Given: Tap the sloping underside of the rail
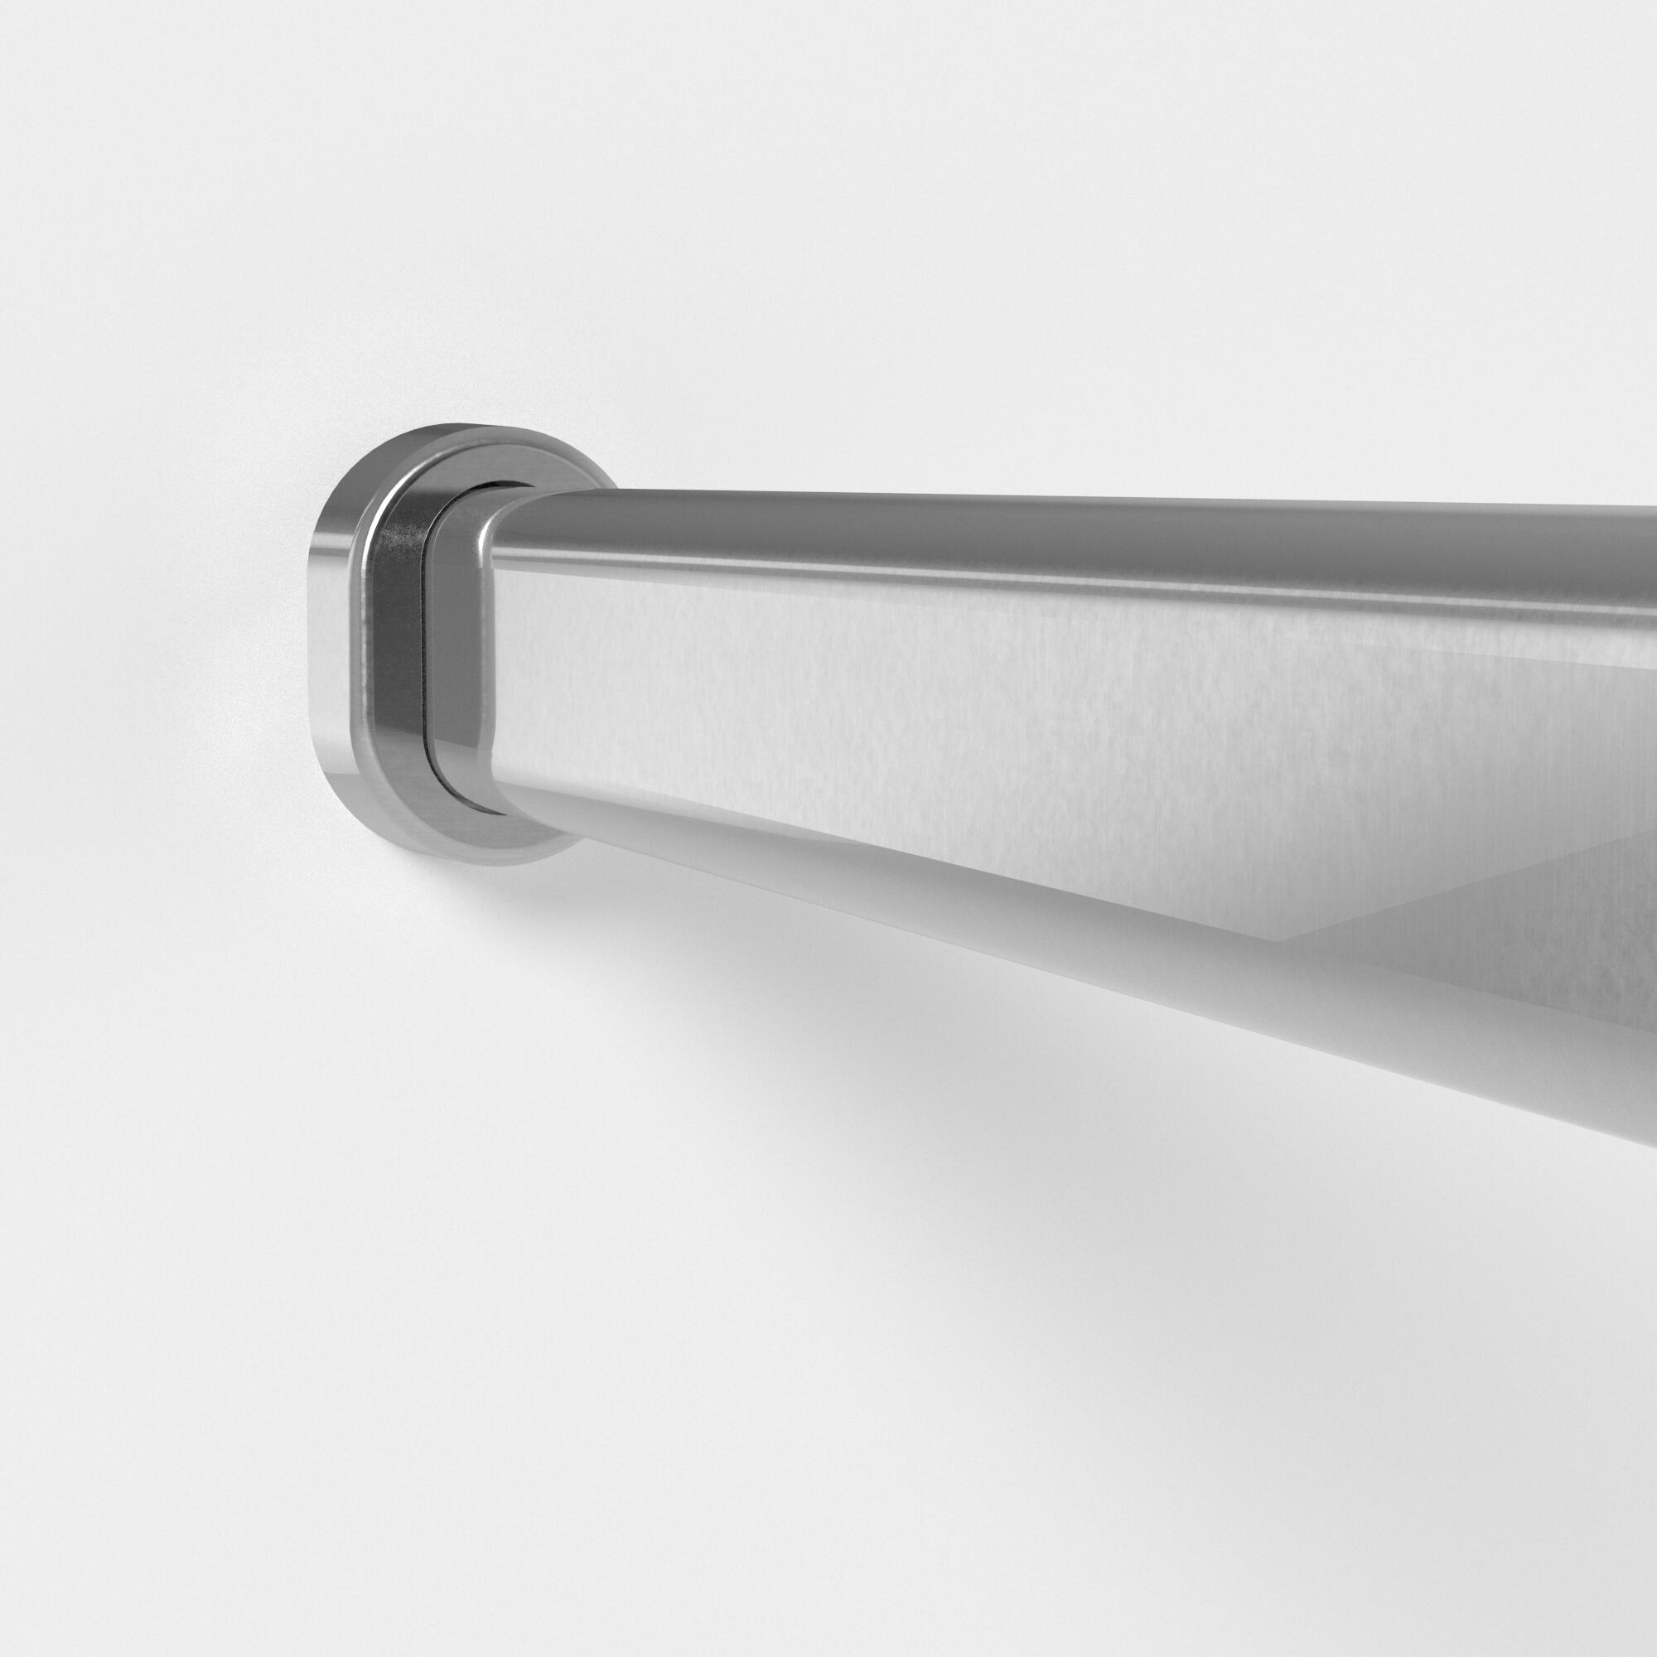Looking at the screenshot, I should [1029, 960].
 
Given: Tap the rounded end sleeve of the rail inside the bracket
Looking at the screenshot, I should [459, 652].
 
